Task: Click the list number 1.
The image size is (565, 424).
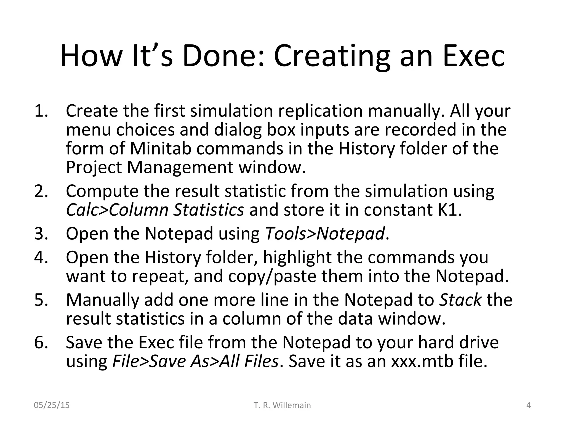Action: click(41, 111)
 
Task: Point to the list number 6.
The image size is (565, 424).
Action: click(41, 342)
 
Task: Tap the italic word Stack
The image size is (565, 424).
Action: click(460, 300)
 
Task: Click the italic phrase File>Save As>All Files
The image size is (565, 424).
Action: click(195, 361)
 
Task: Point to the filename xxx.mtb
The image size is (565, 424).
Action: click(422, 361)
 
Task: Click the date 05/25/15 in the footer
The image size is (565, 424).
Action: click(52, 405)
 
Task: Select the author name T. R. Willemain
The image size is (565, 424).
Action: click(282, 405)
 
